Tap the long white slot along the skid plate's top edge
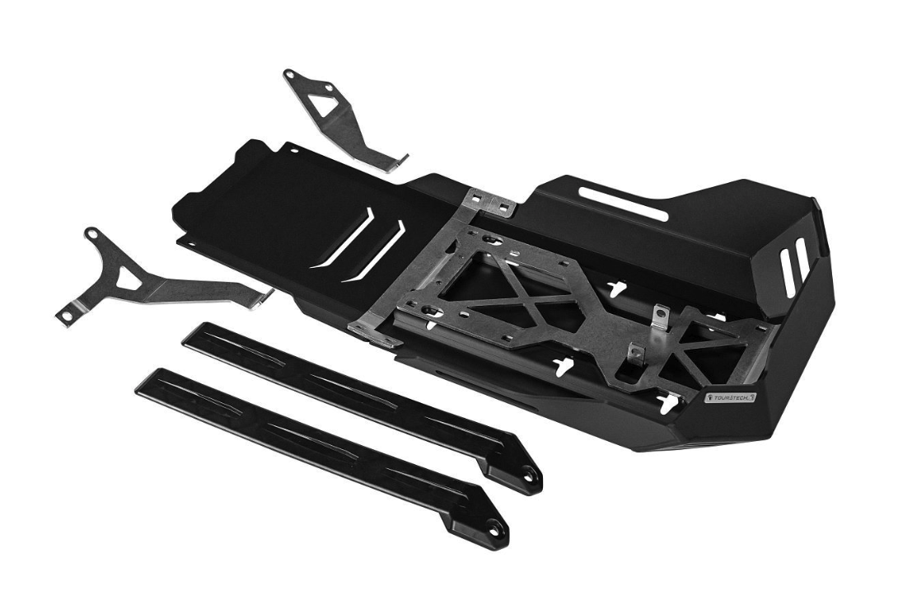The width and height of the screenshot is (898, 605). pos(623,204)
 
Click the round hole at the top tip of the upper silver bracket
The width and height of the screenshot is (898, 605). pos(290,74)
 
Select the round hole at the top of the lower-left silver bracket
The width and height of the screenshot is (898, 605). pos(91,234)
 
